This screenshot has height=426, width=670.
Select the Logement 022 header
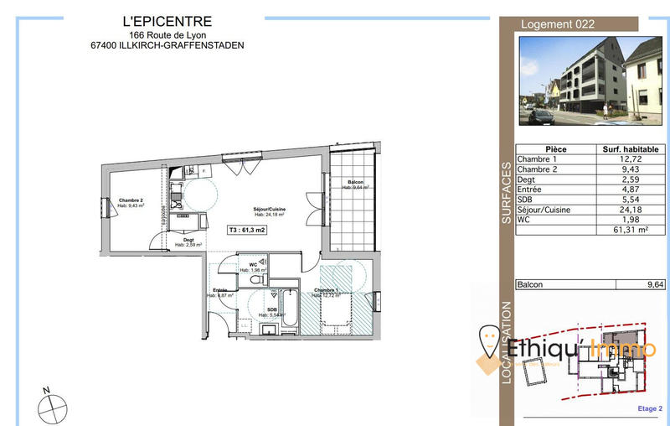558,24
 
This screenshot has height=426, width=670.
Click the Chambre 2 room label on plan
131,201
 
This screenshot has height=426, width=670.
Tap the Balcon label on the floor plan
355,184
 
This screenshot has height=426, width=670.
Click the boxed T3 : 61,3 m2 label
247,230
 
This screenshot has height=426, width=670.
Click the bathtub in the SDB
287,309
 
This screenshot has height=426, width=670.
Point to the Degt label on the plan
189,240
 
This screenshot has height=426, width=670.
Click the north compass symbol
53,407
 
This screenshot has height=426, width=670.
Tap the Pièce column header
555,149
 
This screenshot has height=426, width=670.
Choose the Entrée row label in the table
531,190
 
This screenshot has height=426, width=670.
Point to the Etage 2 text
649,408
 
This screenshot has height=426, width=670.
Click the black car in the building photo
542,114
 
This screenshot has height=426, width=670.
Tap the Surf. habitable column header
631,149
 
